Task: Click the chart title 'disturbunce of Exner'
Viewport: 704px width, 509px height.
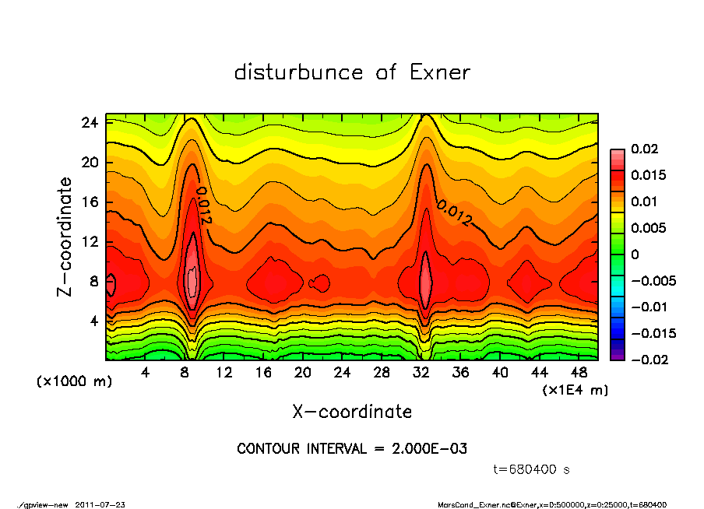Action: click(352, 73)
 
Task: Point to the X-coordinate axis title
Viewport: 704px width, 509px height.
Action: click(352, 411)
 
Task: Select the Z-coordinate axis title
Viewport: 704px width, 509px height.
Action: click(65, 237)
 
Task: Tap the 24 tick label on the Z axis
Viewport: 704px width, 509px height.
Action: click(90, 123)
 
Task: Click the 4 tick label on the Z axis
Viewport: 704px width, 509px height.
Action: click(93, 321)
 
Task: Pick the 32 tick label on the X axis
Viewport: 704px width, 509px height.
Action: click(421, 372)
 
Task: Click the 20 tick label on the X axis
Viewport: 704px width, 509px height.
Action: click(303, 372)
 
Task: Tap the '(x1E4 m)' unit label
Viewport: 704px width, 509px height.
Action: click(575, 388)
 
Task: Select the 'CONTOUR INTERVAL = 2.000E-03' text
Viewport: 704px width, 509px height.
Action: click(352, 449)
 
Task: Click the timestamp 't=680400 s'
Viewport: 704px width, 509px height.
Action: click(532, 469)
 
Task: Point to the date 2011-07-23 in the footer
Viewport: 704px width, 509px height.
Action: click(100, 505)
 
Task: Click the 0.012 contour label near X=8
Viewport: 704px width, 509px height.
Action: click(203, 205)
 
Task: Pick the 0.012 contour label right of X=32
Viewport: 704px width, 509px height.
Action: click(455, 213)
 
